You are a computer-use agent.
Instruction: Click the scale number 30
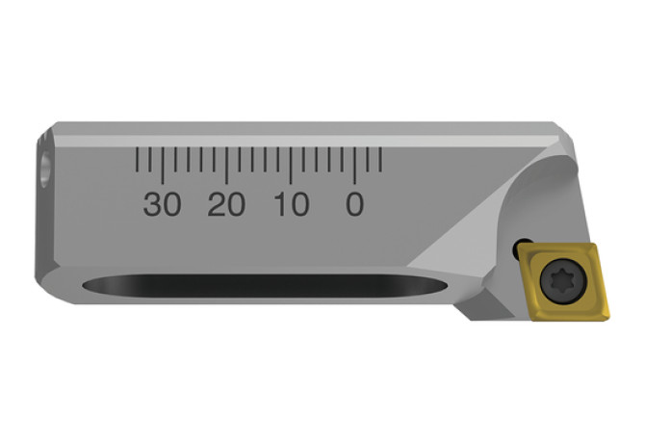click(x=162, y=204)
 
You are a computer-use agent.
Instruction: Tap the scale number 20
click(x=226, y=204)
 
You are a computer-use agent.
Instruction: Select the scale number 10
click(x=292, y=204)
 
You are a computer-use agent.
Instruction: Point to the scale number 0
click(x=354, y=204)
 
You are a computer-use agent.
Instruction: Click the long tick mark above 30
click(x=162, y=166)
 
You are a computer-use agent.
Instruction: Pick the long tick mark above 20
click(x=226, y=166)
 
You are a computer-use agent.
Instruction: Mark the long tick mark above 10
click(x=291, y=166)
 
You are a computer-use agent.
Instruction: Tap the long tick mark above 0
click(x=354, y=166)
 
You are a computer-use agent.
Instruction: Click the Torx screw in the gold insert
click(x=563, y=282)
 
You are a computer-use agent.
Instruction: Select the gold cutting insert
click(x=563, y=282)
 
